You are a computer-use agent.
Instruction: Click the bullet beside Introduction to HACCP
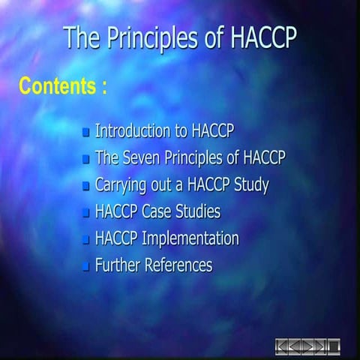[86, 133]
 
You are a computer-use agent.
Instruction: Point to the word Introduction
[131, 131]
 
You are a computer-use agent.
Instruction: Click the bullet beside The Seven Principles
[86, 160]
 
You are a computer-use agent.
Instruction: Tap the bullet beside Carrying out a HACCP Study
[86, 186]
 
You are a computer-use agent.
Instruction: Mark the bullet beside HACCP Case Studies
[86, 213]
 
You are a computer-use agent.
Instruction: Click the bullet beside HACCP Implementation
[86, 240]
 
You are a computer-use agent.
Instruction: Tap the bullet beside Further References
[86, 266]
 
